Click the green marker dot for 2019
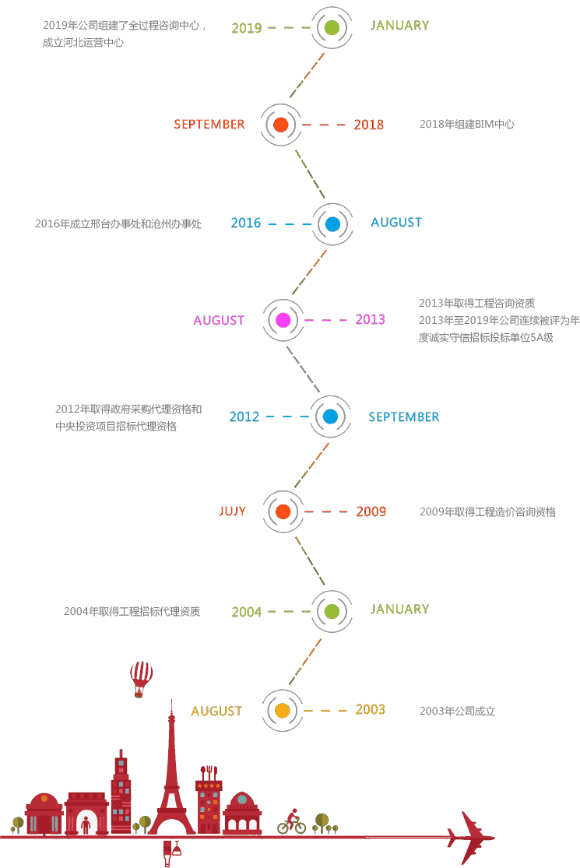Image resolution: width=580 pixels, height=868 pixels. [332, 28]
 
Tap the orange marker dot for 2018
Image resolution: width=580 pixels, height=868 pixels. [282, 125]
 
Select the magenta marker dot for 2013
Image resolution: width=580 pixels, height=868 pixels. [283, 319]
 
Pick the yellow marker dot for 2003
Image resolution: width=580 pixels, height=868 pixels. [282, 710]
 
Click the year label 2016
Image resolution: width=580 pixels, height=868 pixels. [246, 223]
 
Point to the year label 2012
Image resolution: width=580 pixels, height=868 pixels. [244, 417]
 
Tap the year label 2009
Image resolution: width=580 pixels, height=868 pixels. [371, 512]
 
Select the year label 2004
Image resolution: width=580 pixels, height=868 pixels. [247, 612]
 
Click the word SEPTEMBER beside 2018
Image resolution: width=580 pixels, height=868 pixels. [209, 125]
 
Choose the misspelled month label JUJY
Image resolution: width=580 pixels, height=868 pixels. [232, 511]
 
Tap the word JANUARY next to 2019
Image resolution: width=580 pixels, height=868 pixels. [399, 26]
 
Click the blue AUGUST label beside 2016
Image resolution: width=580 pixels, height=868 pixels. [396, 223]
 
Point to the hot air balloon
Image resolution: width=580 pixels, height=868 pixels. [142, 678]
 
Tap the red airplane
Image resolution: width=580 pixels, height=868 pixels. [472, 838]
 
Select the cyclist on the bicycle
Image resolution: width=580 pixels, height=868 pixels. [292, 821]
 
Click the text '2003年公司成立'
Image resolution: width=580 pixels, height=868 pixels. [457, 711]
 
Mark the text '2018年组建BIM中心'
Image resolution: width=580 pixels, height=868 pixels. [466, 125]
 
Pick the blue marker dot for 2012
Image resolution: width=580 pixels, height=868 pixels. [330, 416]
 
